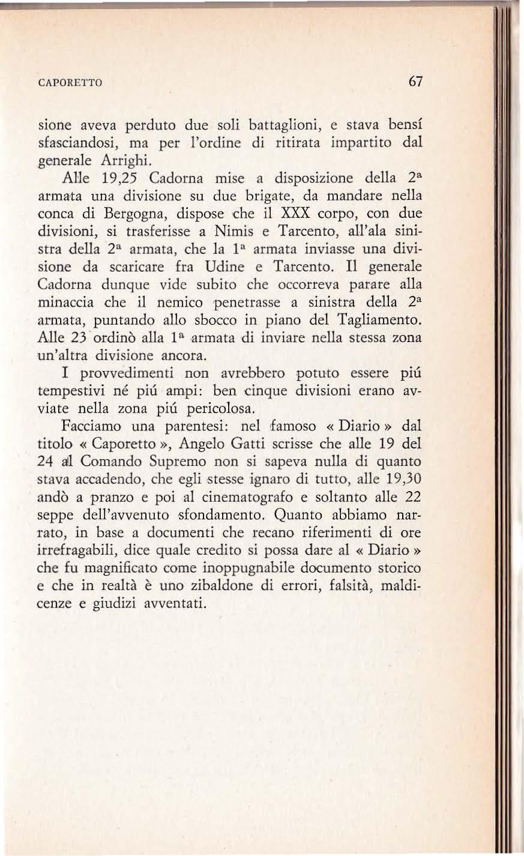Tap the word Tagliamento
[x=376, y=319]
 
